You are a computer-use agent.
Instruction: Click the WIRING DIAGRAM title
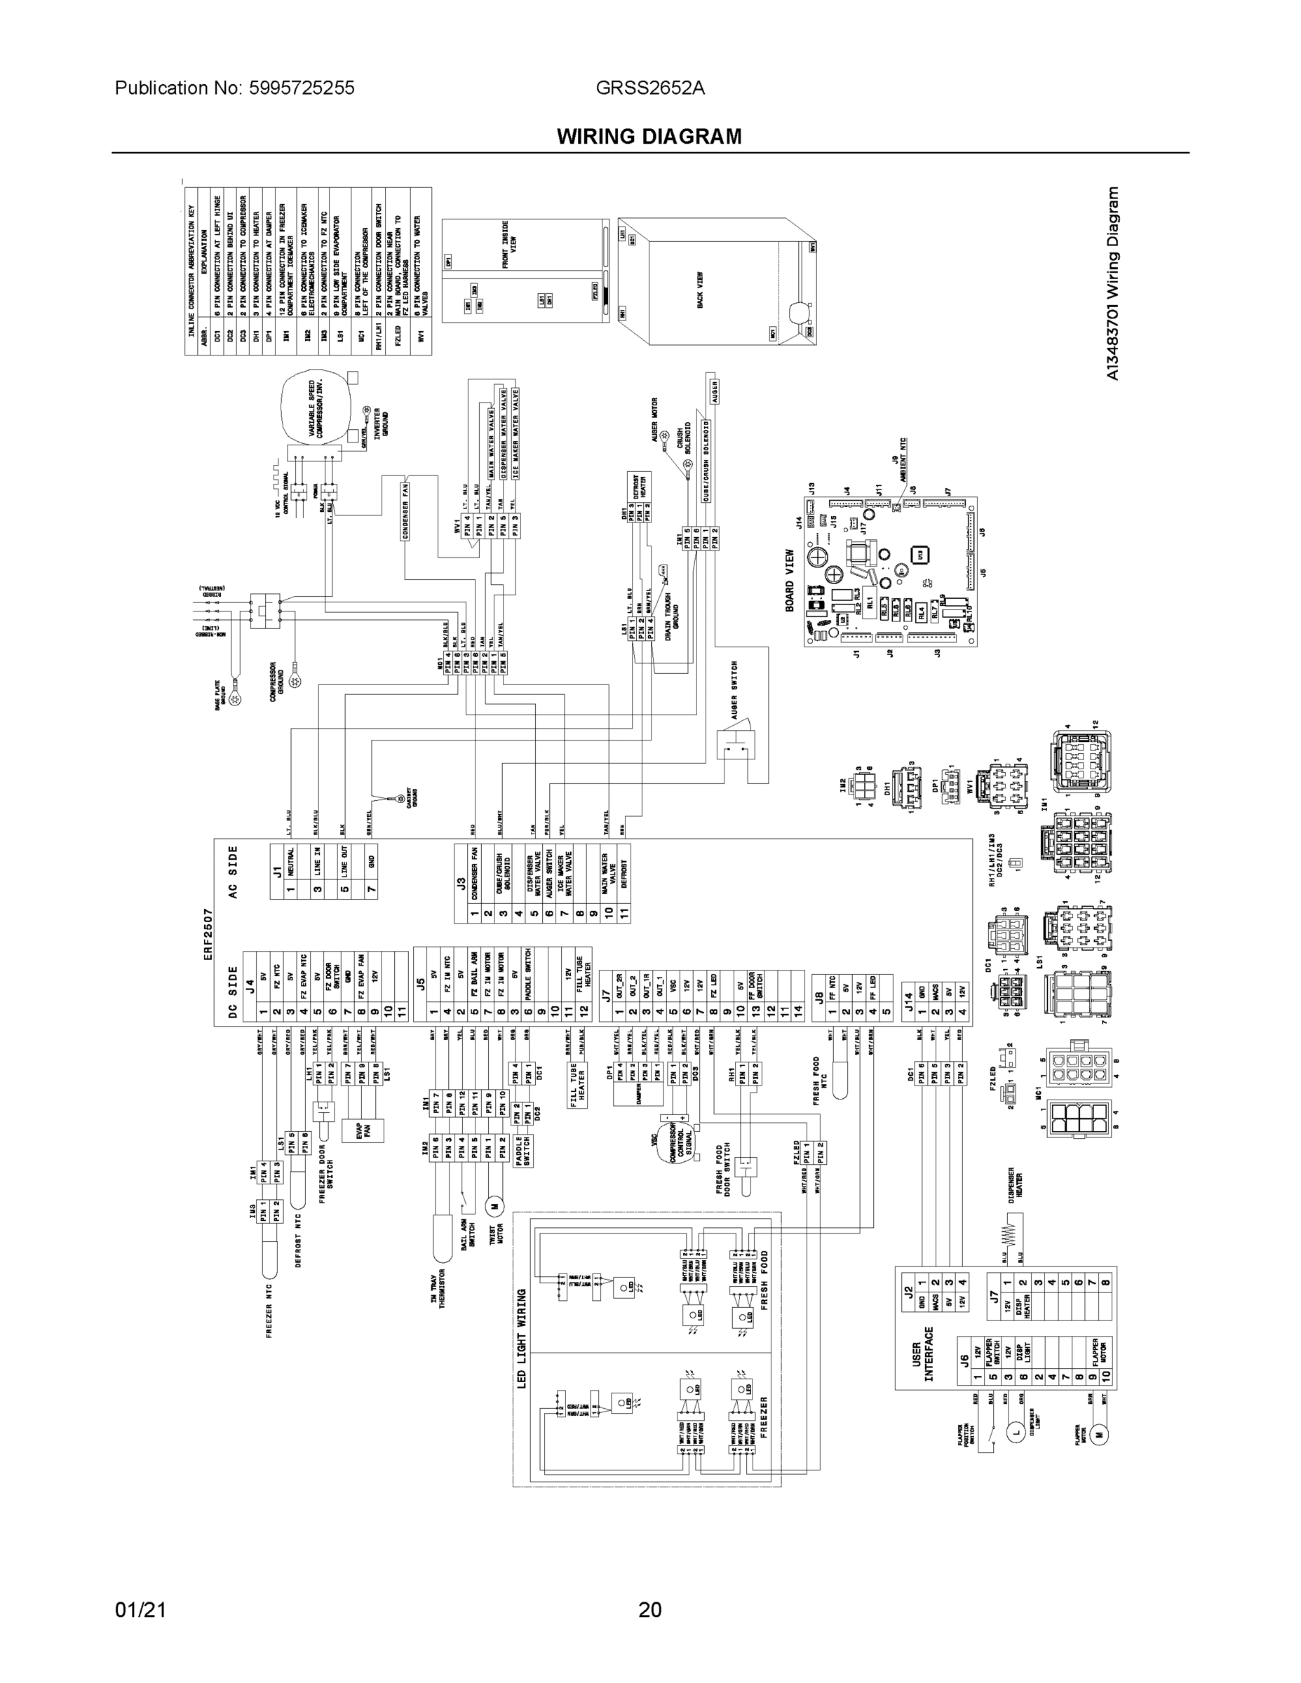point(649,137)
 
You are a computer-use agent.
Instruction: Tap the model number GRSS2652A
point(649,88)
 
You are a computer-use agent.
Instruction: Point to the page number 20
point(649,1610)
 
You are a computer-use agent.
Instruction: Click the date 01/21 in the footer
point(140,1610)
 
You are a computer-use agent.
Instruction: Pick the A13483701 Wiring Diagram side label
point(1112,283)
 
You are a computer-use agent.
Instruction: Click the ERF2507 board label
point(208,934)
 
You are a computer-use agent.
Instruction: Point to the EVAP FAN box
point(364,1130)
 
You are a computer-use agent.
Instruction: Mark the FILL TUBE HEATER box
point(578,1085)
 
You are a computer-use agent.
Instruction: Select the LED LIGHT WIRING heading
point(522,1339)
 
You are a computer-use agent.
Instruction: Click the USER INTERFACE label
point(922,1354)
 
